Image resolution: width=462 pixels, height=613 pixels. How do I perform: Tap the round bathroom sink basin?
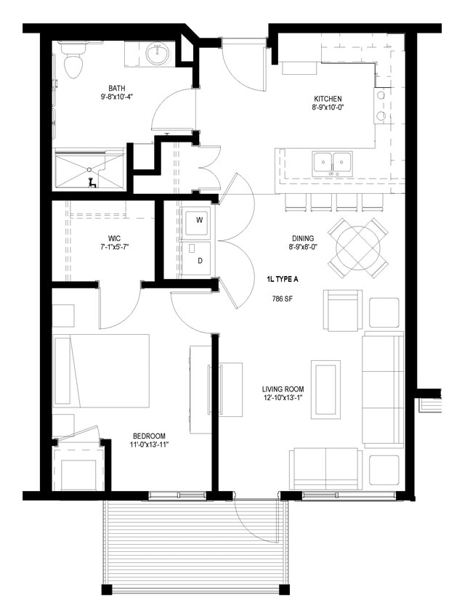click(158, 53)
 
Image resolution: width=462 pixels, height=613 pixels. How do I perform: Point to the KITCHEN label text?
click(328, 99)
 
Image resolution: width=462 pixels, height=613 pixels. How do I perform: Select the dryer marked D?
click(198, 260)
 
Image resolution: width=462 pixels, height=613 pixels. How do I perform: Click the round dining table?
click(357, 247)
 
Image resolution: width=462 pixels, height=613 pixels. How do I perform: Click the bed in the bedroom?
click(102, 370)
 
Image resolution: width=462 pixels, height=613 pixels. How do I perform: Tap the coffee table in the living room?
click(325, 389)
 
